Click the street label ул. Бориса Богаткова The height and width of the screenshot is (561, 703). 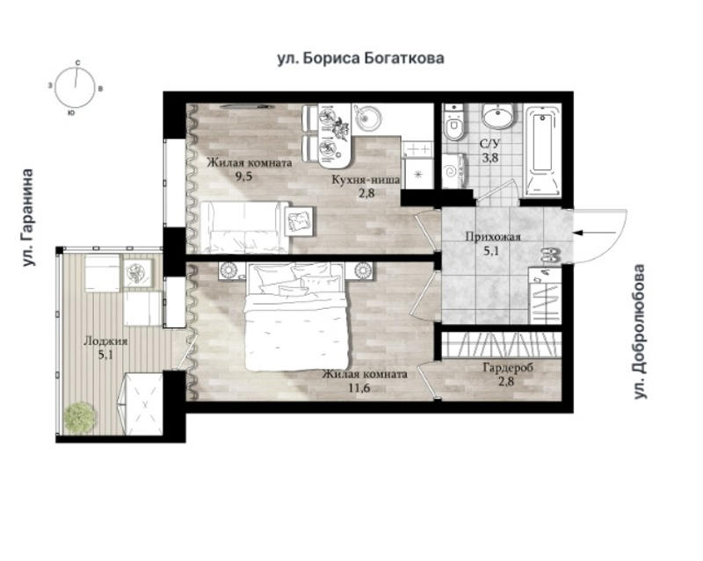point(360,59)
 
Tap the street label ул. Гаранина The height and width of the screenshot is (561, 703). point(29,218)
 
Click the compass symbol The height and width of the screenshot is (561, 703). point(75,88)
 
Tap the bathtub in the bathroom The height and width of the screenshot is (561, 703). point(543,151)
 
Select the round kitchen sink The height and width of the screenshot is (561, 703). point(366,117)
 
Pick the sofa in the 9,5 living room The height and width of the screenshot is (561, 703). point(245,227)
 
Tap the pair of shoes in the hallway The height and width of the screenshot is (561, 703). point(550,255)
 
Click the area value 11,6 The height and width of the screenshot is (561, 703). point(359,387)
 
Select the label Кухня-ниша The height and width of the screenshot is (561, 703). point(366,180)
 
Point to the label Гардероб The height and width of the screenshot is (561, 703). point(508,369)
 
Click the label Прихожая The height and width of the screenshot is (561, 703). point(493,236)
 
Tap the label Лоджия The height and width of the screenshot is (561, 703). point(105,342)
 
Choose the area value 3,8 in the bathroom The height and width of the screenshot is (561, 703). point(489,158)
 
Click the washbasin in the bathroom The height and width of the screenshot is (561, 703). point(498,116)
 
